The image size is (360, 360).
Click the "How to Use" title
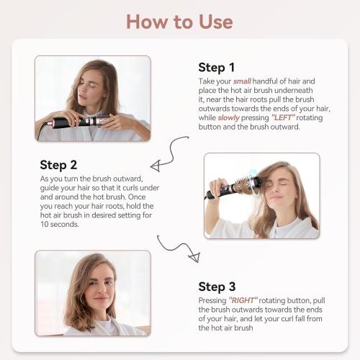pyautogui.click(x=179, y=21)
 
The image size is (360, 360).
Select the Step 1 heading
pyautogui.click(x=222, y=68)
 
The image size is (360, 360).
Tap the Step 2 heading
pyautogui.click(x=63, y=165)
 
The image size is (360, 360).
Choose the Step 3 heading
pyautogui.click(x=222, y=287)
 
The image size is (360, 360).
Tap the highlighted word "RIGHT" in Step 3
pyautogui.click(x=244, y=300)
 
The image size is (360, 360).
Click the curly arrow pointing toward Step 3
pyautogui.click(x=177, y=248)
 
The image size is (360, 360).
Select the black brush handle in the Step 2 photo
pyautogui.click(x=217, y=193)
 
